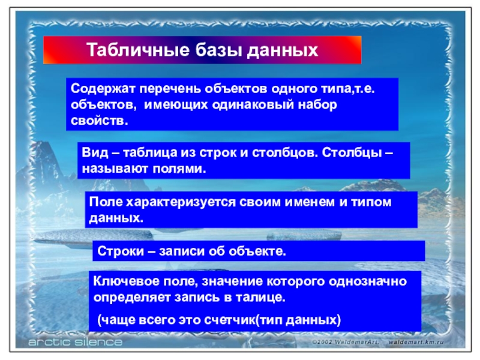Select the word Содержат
pos(103,89)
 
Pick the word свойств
pos(100,121)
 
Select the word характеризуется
pos(181,202)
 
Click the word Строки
pos(121,251)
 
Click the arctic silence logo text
pos(76,342)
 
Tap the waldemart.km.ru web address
pos(416,342)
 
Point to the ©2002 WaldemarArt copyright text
pos(346,342)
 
